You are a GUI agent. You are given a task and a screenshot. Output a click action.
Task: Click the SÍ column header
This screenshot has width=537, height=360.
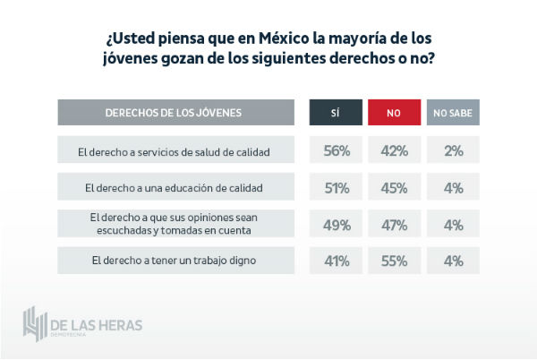[337, 113]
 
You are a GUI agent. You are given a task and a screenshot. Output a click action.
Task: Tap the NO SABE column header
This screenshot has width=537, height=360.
[453, 113]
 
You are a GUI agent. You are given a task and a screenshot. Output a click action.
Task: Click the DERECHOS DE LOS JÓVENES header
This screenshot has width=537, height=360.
[174, 113]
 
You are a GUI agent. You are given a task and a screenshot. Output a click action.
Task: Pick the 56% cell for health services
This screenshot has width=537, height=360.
[337, 150]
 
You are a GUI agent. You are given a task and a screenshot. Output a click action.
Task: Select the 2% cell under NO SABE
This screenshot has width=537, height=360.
[453, 150]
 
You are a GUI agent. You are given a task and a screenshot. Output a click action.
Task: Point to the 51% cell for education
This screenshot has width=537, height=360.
[337, 187]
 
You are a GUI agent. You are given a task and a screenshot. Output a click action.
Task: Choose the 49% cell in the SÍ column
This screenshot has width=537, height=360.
[337, 224]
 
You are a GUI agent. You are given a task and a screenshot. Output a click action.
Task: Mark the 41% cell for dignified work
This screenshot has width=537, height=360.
[337, 261]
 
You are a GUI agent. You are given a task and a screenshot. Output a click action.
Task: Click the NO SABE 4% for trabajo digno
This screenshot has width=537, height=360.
[453, 261]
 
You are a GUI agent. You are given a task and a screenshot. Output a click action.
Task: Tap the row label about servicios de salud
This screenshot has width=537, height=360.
[174, 150]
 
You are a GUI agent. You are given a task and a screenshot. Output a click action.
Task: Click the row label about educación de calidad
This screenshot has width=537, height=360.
[174, 187]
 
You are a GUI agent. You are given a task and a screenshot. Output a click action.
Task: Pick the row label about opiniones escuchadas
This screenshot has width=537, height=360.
[174, 224]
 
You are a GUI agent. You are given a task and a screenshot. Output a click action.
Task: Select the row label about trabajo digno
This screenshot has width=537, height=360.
[174, 261]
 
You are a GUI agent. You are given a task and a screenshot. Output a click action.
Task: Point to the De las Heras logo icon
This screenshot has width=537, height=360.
[37, 321]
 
